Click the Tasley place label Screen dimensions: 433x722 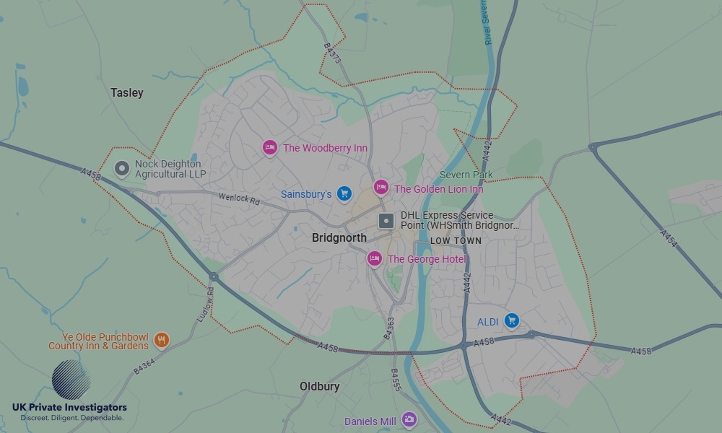[x=127, y=92]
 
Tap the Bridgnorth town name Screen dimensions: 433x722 [x=339, y=237]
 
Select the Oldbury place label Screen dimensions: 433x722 [x=319, y=387]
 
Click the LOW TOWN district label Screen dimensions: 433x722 [x=456, y=240]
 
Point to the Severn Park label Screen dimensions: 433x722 [x=466, y=175]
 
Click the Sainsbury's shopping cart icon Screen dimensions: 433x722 [x=344, y=193]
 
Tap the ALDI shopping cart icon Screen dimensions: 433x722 [x=512, y=320]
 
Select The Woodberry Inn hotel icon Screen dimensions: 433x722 [x=269, y=147]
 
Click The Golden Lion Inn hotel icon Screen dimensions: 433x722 [x=381, y=188]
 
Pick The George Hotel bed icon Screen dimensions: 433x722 [x=374, y=258]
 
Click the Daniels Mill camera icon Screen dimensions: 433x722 [x=409, y=419]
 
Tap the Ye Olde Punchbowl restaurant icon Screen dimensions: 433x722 [x=161, y=340]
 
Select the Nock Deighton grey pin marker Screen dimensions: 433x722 [x=123, y=169]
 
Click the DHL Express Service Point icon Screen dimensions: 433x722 [x=386, y=220]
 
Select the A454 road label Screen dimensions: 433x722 [x=668, y=239]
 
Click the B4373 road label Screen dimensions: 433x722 [x=333, y=53]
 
